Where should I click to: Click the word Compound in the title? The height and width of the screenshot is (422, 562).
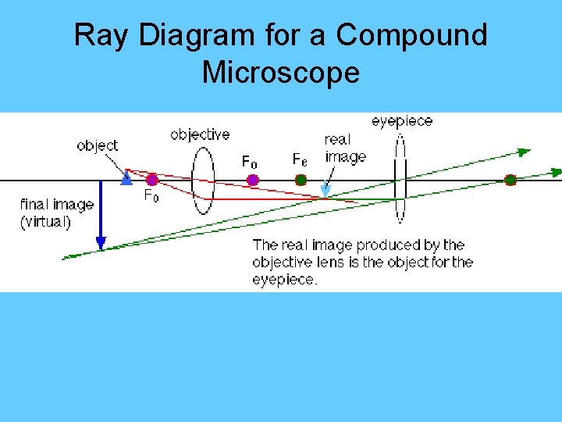[x=411, y=36]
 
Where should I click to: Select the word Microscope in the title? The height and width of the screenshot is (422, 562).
[x=280, y=73]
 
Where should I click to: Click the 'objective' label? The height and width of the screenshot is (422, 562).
[x=200, y=134]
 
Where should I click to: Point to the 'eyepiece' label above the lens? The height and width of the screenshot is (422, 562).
[x=401, y=121]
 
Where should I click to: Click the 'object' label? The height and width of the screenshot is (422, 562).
[x=98, y=145]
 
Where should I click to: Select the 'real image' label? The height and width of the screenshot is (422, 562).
[x=345, y=148]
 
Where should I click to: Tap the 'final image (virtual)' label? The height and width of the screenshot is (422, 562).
[x=56, y=213]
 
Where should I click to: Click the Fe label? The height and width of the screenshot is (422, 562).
[x=299, y=159]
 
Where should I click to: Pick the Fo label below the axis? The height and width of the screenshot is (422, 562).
[x=151, y=197]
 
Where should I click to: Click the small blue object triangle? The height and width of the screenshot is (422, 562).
[x=126, y=179]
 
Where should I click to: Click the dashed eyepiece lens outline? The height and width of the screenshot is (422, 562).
[x=400, y=179]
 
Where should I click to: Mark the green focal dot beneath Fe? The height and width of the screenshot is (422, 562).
[x=301, y=180]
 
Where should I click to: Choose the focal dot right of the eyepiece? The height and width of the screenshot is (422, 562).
[x=510, y=180]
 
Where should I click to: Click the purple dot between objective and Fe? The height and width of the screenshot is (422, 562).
[x=252, y=180]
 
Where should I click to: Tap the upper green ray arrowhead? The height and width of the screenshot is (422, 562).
[x=525, y=151]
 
